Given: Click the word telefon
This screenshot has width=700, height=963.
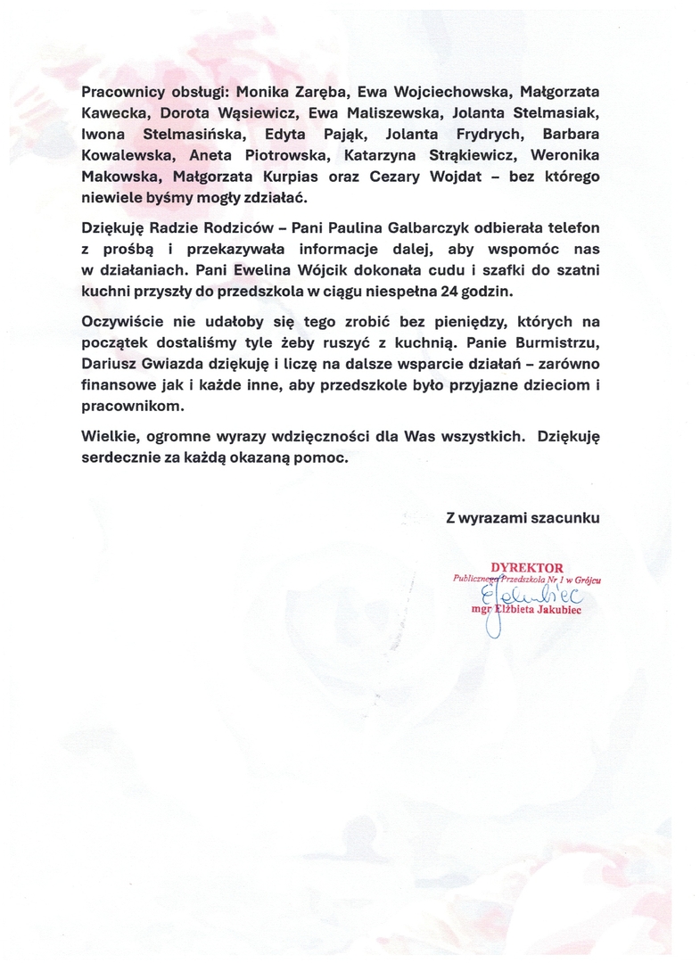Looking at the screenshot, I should point(572,229).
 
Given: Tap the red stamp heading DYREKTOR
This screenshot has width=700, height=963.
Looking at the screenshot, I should point(526,567).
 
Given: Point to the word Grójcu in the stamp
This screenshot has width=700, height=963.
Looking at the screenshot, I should point(586,580).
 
